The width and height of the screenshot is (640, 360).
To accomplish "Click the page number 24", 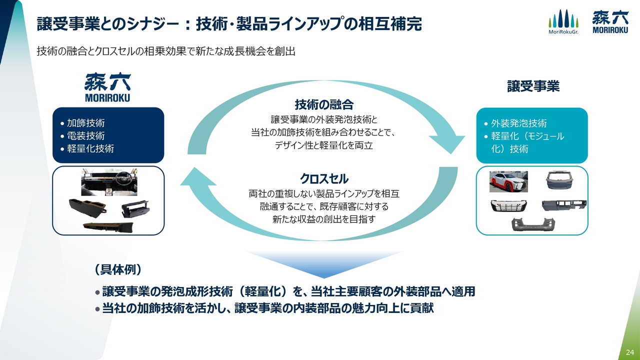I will tap(629, 353).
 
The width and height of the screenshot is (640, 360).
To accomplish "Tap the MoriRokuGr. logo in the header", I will tap(563, 22).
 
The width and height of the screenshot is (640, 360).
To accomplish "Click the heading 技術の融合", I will tap(324, 104).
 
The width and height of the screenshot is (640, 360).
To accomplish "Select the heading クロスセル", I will tap(324, 178).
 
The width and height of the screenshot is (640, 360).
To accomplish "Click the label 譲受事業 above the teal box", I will tap(533, 86).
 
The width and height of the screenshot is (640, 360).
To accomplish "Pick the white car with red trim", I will tap(507, 181).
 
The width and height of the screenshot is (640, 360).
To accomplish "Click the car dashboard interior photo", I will tap(109, 182).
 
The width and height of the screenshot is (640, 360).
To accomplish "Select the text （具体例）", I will tap(118, 269).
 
